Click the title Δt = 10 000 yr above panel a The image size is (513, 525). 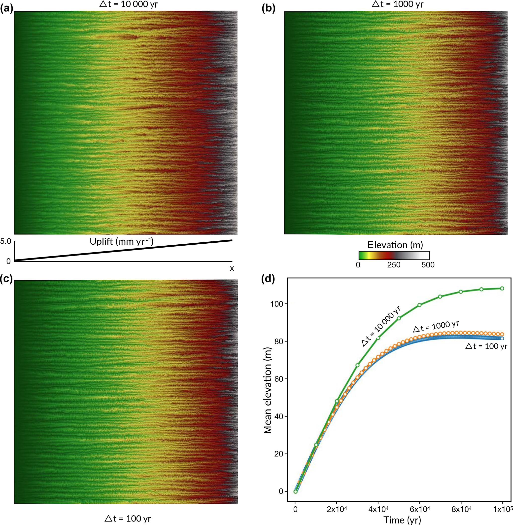pyautogui.click(x=128, y=4)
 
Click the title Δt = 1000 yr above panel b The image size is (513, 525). pyautogui.click(x=397, y=4)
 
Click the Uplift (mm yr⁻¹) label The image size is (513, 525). pyautogui.click(x=122, y=242)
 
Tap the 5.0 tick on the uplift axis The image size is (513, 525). pyautogui.click(x=6, y=241)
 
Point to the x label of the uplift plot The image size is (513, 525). pyautogui.click(x=232, y=268)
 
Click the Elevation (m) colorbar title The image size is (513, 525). pyautogui.click(x=395, y=245)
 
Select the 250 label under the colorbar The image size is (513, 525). pyautogui.click(x=394, y=265)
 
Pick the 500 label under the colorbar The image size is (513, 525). pyautogui.click(x=428, y=265)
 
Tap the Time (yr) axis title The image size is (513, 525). pyautogui.click(x=402, y=520)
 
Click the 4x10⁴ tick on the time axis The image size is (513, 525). pyautogui.click(x=378, y=509)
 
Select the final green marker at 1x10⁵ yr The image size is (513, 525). pyautogui.click(x=502, y=289)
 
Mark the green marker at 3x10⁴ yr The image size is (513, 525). pyautogui.click(x=358, y=365)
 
